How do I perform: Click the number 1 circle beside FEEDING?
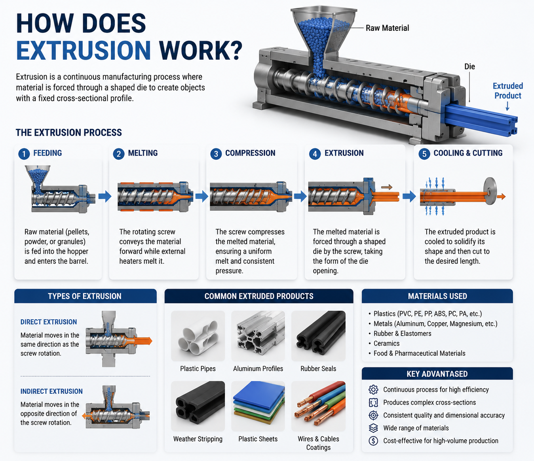tap(24, 154)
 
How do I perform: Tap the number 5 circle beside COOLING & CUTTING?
tap(424, 154)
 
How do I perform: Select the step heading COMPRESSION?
tap(250, 153)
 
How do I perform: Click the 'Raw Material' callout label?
tap(387, 28)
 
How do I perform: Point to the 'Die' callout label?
tap(469, 66)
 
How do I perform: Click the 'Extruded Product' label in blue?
tap(507, 91)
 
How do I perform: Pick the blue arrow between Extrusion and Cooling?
tap(409, 196)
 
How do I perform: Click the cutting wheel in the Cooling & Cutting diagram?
tap(490, 191)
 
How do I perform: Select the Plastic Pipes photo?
tap(198, 336)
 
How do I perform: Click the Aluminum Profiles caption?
tap(258, 368)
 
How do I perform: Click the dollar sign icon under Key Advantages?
tap(373, 441)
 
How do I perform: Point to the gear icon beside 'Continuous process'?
tap(373, 389)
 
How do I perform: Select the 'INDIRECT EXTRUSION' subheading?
tap(51, 391)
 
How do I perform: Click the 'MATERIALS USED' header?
tap(437, 296)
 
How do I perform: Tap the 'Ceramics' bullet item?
tap(386, 343)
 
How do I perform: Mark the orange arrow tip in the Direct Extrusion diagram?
tap(152, 341)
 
